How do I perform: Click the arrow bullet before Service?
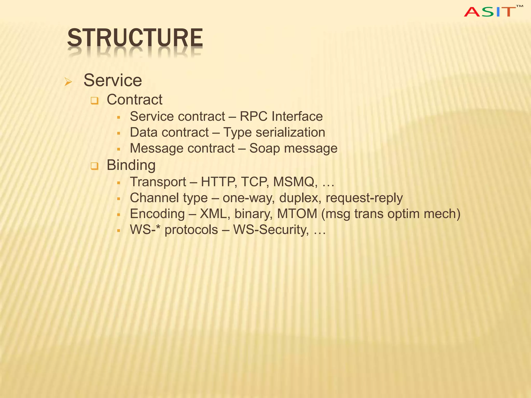[68, 82]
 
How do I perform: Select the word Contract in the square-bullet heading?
[135, 99]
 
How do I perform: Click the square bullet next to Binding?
[95, 166]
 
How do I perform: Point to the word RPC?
[253, 116]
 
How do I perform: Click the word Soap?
[264, 148]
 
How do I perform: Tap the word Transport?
[158, 182]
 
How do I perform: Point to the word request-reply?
[364, 198]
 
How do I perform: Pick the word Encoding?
[157, 214]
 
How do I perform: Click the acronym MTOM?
[297, 214]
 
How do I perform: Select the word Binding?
[131, 165]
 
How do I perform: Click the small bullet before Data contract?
[118, 133]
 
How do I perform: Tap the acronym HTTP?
[219, 182]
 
